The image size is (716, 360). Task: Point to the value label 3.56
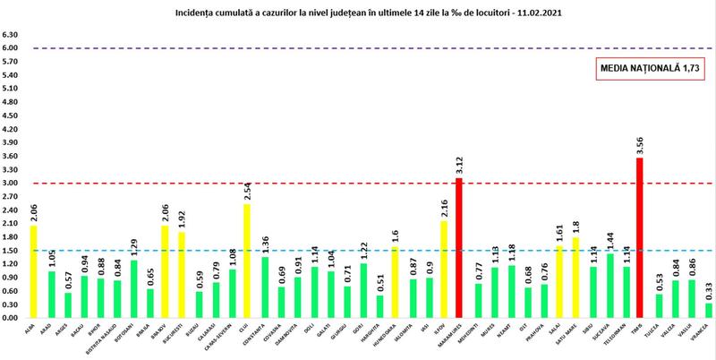click(x=639, y=143)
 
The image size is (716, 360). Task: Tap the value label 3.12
click(x=458, y=163)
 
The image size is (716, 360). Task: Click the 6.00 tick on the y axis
click(x=11, y=47)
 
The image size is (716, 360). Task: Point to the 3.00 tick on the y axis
click(x=11, y=183)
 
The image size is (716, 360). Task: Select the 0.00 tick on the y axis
click(x=11, y=317)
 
